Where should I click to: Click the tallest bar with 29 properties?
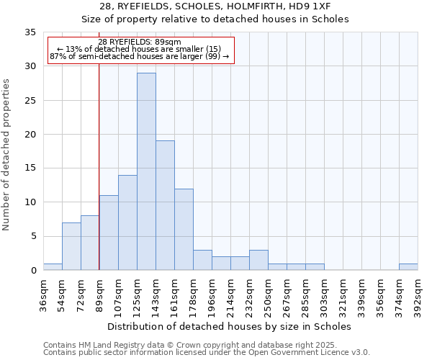pyautogui.click(x=146, y=171)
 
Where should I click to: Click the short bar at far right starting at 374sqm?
pyautogui.click(x=408, y=266)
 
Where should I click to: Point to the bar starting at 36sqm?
pyautogui.click(x=53, y=266)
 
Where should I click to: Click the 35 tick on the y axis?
pyautogui.click(x=30, y=32)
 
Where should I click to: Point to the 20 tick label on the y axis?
pyautogui.click(x=30, y=135)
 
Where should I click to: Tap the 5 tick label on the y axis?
pyautogui.click(x=33, y=237)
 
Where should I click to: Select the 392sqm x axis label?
pyautogui.click(x=418, y=293)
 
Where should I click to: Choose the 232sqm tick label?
pyautogui.click(x=249, y=293)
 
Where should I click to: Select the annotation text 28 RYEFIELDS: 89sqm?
pyautogui.click(x=140, y=42)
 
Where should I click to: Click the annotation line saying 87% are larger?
pyautogui.click(x=140, y=56)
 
